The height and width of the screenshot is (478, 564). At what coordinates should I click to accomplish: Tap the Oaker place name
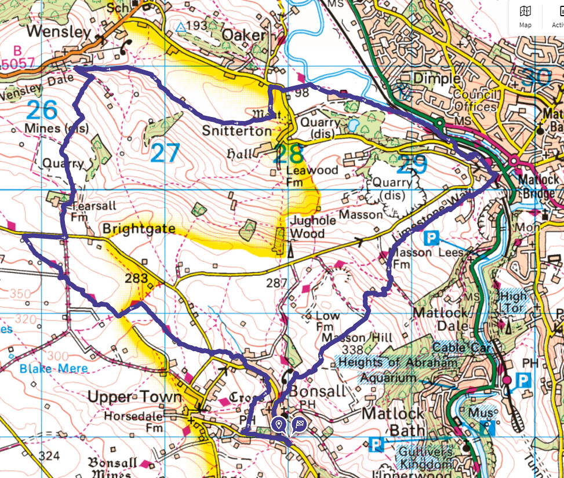click(x=244, y=36)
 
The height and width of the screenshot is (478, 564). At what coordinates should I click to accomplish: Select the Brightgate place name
click(x=139, y=229)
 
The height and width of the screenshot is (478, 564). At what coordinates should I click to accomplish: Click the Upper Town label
click(x=134, y=397)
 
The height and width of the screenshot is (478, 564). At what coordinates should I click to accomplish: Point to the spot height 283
click(x=136, y=279)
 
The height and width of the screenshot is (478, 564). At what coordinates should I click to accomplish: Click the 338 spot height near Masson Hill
click(x=352, y=349)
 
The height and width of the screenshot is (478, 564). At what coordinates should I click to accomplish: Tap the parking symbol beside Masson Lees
click(x=431, y=238)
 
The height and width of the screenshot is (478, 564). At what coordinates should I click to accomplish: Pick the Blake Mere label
click(x=53, y=368)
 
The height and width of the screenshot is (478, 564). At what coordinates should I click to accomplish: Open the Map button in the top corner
click(x=525, y=16)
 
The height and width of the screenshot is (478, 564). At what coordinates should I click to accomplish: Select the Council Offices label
click(x=475, y=101)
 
